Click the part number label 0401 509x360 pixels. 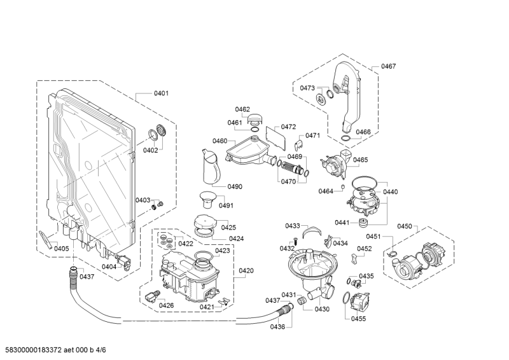tap(161, 93)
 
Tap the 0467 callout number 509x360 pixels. tap(388, 66)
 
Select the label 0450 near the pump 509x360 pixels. tap(405, 226)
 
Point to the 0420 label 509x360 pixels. tap(246, 270)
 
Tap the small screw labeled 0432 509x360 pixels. tap(296, 239)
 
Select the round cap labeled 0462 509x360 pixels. tap(255, 118)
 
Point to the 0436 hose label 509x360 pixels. tap(277, 326)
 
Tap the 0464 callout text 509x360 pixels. tap(326, 191)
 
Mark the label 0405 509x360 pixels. tap(61, 248)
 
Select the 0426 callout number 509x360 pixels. tap(166, 305)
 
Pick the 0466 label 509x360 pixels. tap(363, 132)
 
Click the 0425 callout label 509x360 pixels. tap(228, 227)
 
